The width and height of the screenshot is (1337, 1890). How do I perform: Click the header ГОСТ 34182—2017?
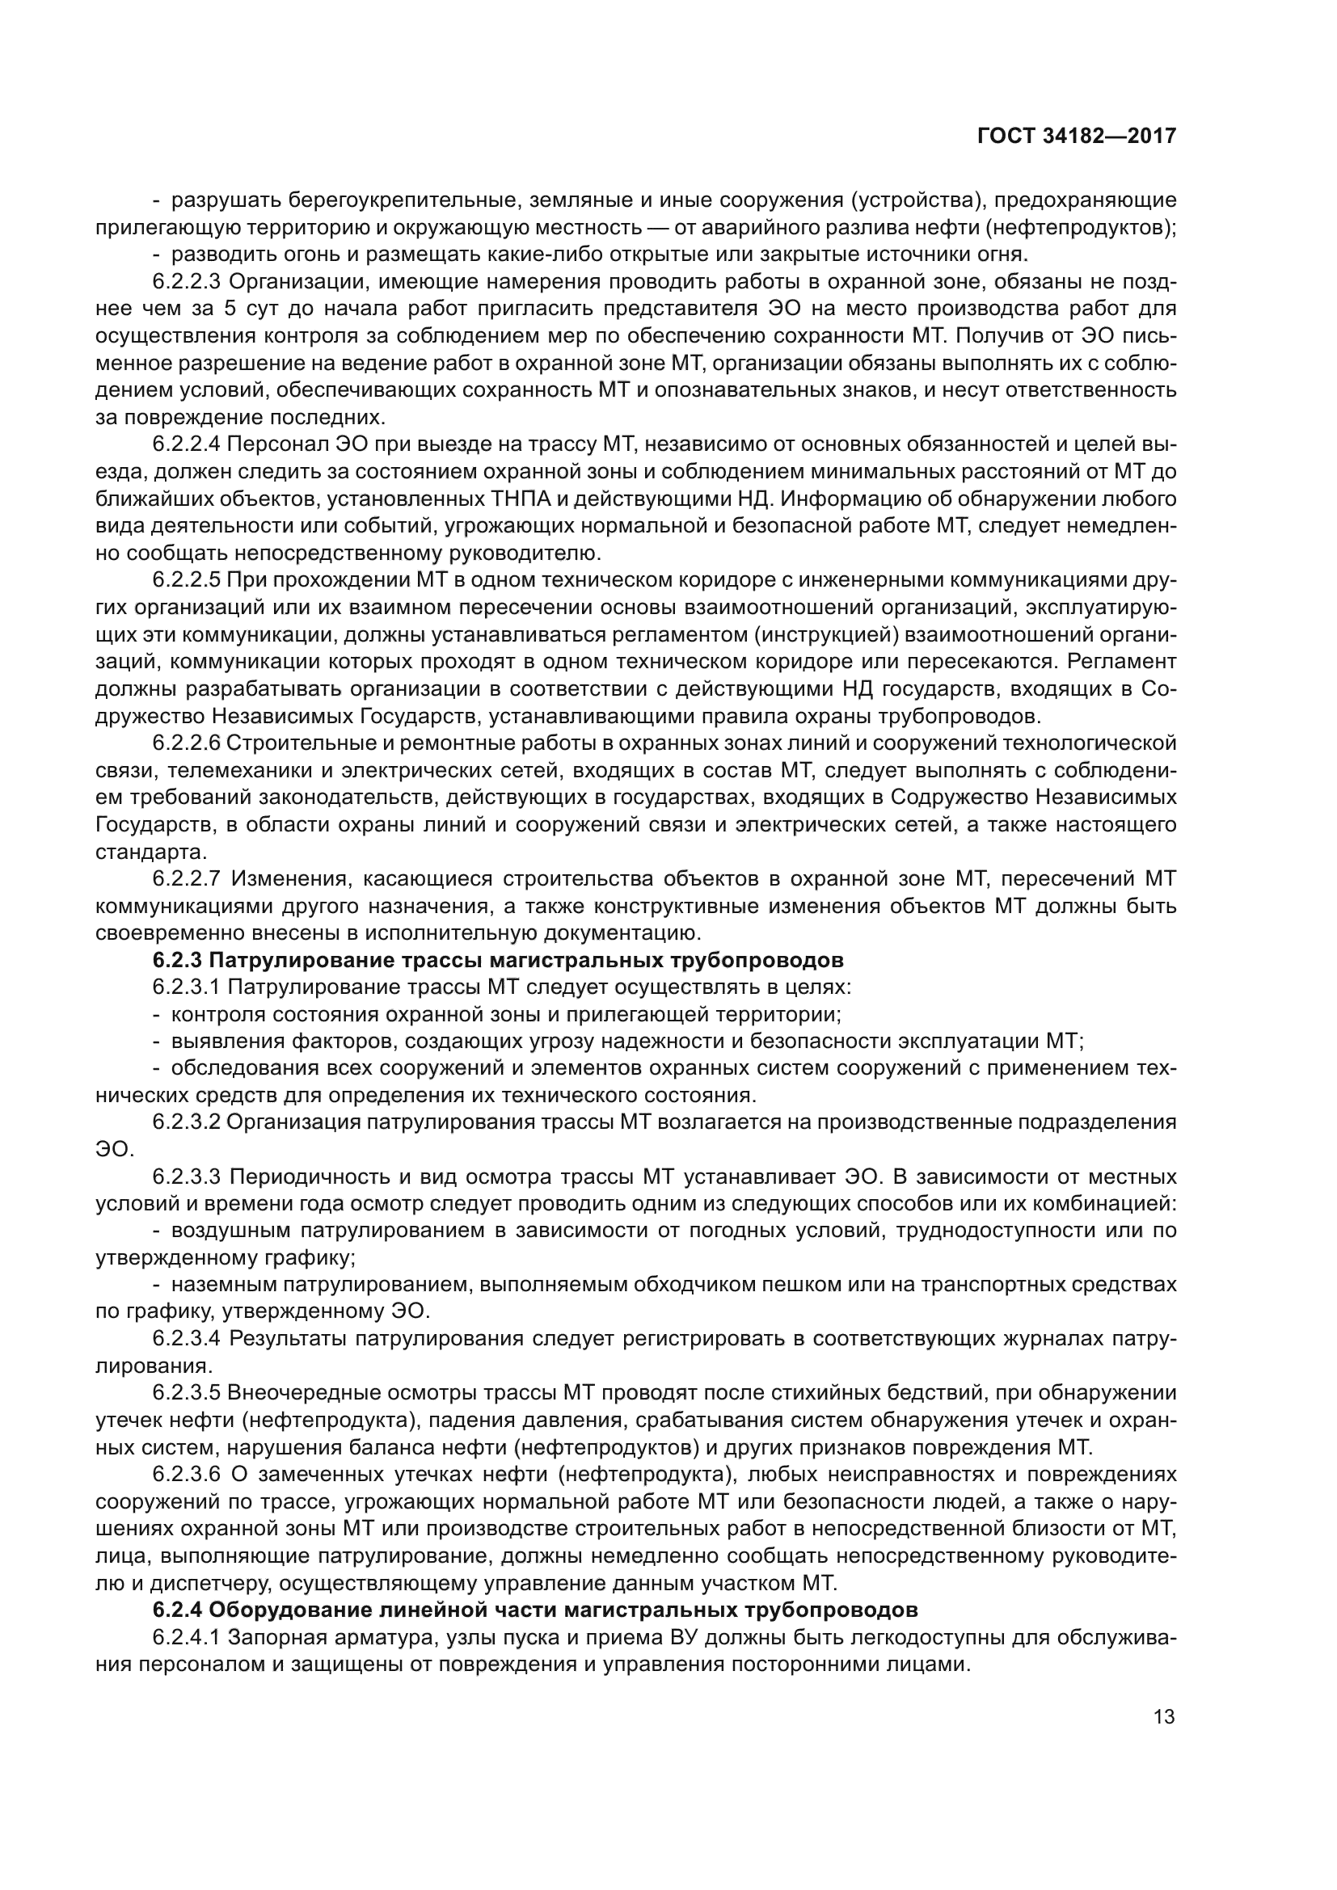click(x=1076, y=136)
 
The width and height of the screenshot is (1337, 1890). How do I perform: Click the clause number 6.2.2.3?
click(x=186, y=281)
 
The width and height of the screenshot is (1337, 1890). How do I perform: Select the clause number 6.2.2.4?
click(x=186, y=444)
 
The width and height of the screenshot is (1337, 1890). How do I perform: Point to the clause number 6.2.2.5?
click(x=186, y=580)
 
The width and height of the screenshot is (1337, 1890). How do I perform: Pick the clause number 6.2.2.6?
click(x=186, y=743)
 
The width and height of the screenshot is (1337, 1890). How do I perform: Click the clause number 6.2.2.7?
click(x=186, y=879)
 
